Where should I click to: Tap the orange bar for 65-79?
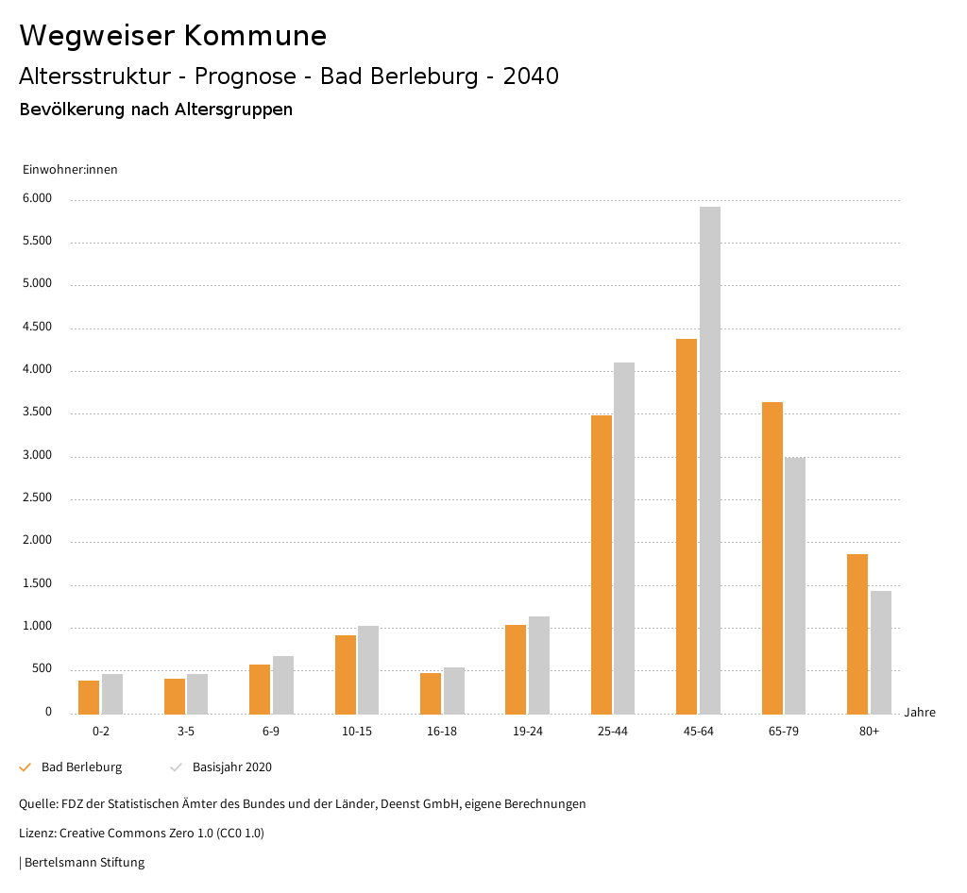pos(772,558)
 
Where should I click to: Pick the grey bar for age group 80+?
pos(881,652)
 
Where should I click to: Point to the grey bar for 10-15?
pos(368,669)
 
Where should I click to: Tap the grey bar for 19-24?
pos(539,665)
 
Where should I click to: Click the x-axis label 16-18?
pos(442,732)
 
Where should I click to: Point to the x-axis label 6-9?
pos(271,732)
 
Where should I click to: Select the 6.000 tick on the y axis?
pos(37,199)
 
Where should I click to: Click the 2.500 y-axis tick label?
pos(37,498)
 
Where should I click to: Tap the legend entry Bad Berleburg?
pos(81,767)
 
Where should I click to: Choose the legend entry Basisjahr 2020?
pos(231,767)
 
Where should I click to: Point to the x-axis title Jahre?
pos(920,713)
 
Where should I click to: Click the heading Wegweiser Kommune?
pos(173,36)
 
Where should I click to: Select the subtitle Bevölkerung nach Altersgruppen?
pos(156,110)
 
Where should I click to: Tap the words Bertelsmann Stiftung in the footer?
pos(84,862)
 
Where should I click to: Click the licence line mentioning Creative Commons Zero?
pos(142,834)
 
